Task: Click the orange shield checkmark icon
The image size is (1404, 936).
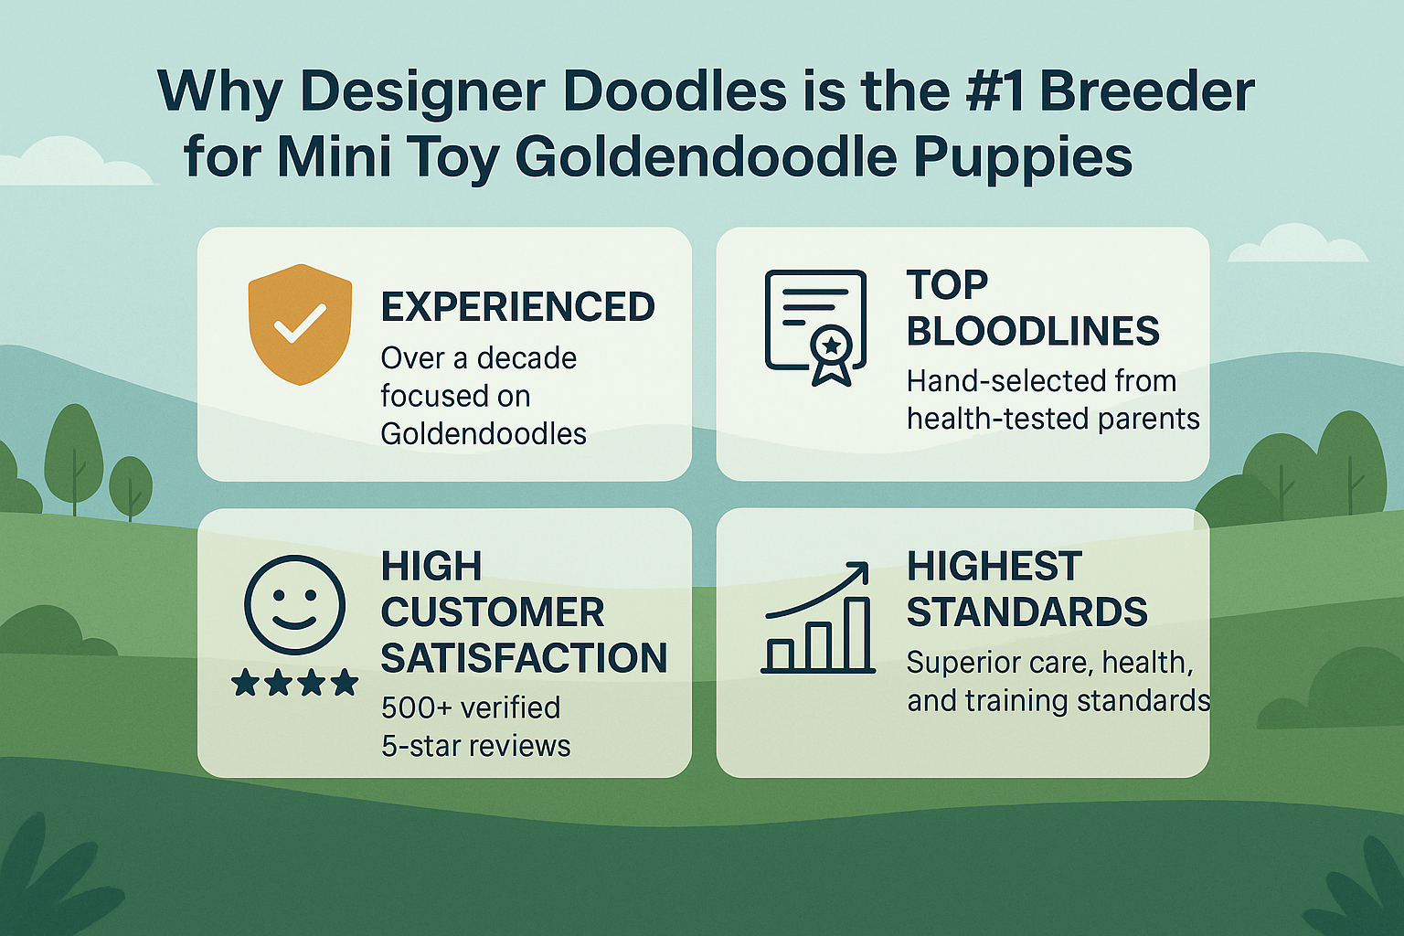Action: point(300,324)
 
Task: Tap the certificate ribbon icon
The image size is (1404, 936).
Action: point(815,327)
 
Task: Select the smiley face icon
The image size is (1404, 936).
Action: point(294,604)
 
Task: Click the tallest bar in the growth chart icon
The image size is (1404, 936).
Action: point(857,634)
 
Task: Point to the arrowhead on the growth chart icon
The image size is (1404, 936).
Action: point(858,572)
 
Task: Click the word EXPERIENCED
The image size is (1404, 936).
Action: point(517,307)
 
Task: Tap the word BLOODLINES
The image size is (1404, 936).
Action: point(1033,331)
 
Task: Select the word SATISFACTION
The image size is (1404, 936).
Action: point(524,658)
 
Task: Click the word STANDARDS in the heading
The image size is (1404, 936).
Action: point(1026,612)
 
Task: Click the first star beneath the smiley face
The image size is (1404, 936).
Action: point(245,682)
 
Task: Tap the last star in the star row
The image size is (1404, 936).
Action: point(345,682)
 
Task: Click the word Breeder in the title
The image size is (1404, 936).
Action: point(1147,92)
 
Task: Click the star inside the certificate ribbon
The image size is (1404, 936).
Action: point(831,345)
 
